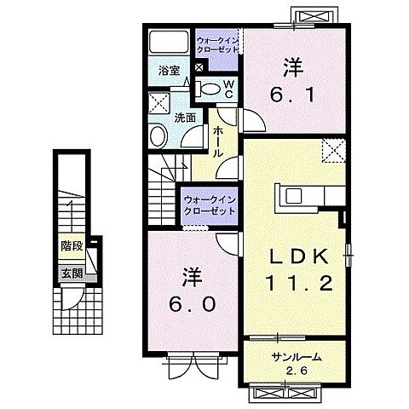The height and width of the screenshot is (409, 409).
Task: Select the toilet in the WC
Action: (x=210, y=87)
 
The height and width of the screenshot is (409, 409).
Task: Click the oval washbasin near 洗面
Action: (x=158, y=136)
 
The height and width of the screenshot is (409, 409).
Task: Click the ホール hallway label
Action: (x=218, y=141)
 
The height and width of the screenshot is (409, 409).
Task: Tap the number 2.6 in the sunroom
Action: (x=296, y=371)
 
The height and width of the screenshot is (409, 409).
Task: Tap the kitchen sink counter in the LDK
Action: (x=307, y=196)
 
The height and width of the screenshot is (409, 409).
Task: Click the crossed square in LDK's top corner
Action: (x=334, y=152)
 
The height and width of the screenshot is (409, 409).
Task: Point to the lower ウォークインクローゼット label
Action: (x=209, y=205)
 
